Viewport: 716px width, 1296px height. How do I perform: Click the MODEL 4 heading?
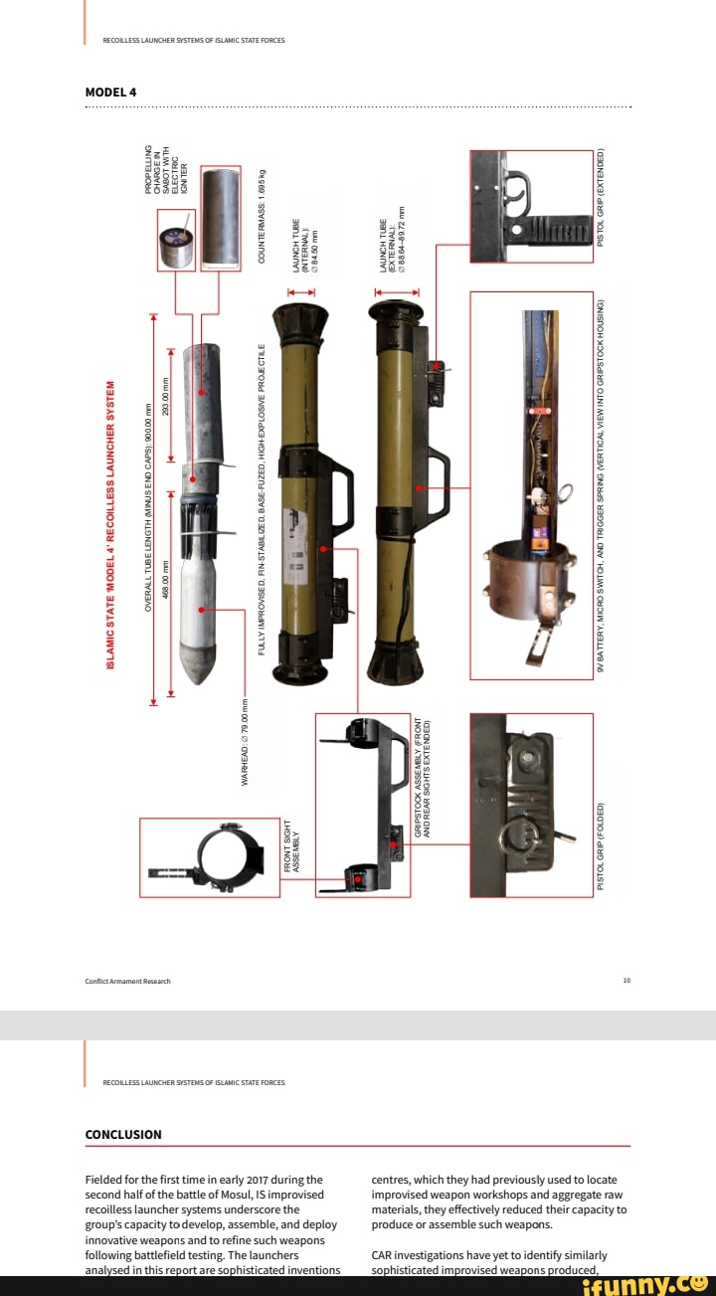[x=110, y=93]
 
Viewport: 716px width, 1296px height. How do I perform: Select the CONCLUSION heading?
[x=123, y=1134]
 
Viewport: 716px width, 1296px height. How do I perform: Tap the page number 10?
[x=626, y=981]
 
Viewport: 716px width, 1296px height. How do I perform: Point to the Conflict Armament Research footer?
[x=127, y=981]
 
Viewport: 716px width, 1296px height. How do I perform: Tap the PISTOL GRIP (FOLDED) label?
[x=601, y=847]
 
